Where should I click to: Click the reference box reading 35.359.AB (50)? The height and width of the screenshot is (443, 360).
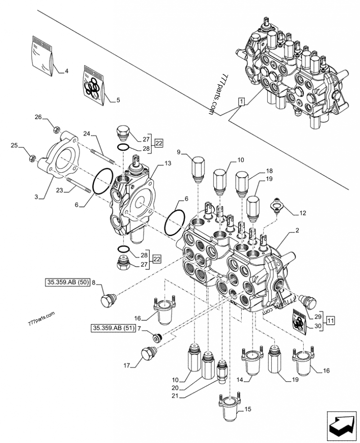(x=67, y=283)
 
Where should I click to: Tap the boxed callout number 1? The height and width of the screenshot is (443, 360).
(x=241, y=101)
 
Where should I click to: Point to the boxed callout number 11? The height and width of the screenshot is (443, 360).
(x=331, y=321)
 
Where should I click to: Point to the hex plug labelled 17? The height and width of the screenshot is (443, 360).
(x=148, y=354)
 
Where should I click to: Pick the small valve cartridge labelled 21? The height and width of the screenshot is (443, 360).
(x=221, y=371)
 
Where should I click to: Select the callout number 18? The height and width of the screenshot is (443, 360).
(x=270, y=171)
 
